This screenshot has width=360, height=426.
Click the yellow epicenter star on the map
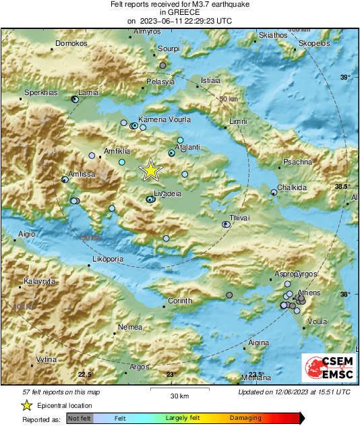150,170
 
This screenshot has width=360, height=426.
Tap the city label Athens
309,293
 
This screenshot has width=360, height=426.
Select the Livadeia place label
168,193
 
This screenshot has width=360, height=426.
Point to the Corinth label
179,301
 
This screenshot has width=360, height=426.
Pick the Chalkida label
293,187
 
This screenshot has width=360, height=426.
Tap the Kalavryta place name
38,281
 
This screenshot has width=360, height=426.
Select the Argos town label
139,367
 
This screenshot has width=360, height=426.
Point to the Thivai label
240,218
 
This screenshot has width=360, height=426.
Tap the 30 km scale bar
179,392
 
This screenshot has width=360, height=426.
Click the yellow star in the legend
26,405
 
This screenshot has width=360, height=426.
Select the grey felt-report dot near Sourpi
162,65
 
